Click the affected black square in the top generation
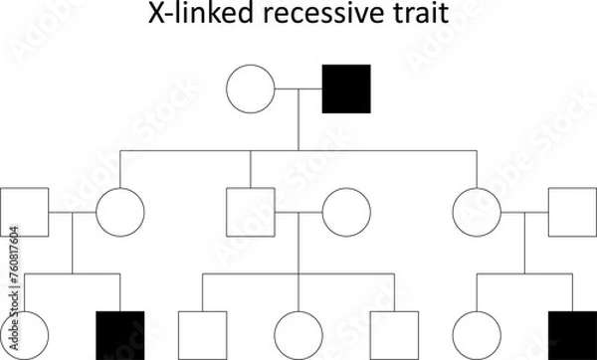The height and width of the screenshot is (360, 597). pos(346,89)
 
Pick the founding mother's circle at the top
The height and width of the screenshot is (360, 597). pos(251,89)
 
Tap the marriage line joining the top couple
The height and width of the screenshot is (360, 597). pos(298,89)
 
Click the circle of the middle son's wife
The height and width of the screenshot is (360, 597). pos(346,211)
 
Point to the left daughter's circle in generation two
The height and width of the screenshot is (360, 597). pos(120,211)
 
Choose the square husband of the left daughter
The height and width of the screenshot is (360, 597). pos(24,211)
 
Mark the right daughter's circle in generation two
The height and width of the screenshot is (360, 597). pos(476,211)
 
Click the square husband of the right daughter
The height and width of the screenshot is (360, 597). pos(572,211)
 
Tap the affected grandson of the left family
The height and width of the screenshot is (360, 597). pos(120,335)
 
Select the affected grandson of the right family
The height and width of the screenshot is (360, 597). pos(572,335)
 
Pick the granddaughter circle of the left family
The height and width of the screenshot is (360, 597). pos(24,335)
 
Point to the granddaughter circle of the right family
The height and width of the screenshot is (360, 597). pos(476,335)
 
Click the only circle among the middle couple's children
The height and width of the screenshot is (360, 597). pos(298,335)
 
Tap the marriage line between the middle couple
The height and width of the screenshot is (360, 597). pos(298,211)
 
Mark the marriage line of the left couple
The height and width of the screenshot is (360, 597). pos(72,211)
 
